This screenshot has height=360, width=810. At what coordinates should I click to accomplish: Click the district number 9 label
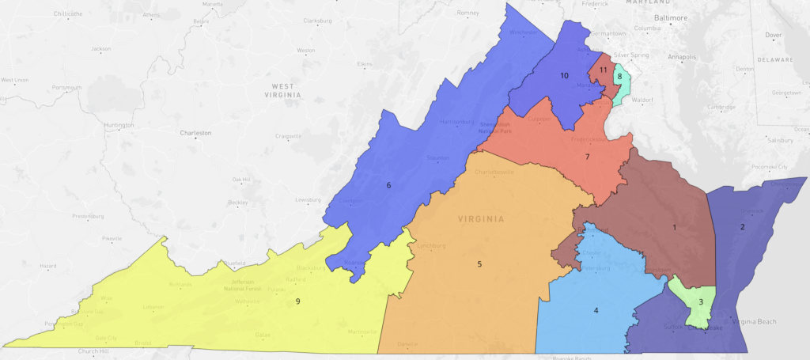point(297,301)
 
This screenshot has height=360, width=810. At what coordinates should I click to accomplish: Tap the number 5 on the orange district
point(479,263)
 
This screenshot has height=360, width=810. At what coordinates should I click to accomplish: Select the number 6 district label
point(388,185)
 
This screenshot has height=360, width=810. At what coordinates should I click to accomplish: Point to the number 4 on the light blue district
point(596,311)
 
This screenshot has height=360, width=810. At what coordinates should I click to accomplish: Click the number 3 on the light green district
point(700,301)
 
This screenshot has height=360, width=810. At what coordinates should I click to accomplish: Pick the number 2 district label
point(741,227)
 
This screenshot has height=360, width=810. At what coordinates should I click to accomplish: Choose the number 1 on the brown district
point(674,228)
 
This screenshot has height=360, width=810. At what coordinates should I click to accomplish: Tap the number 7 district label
point(587,157)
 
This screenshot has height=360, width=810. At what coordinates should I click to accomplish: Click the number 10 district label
point(564,76)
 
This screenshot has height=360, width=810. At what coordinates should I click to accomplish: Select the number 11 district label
point(603,70)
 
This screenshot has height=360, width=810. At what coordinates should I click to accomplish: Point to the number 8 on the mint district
point(620,77)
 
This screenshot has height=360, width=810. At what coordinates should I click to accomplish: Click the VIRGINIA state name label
point(480,218)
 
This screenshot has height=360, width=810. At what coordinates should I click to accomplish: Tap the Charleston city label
point(195,133)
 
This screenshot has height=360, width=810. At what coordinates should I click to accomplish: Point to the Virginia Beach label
point(755,321)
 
